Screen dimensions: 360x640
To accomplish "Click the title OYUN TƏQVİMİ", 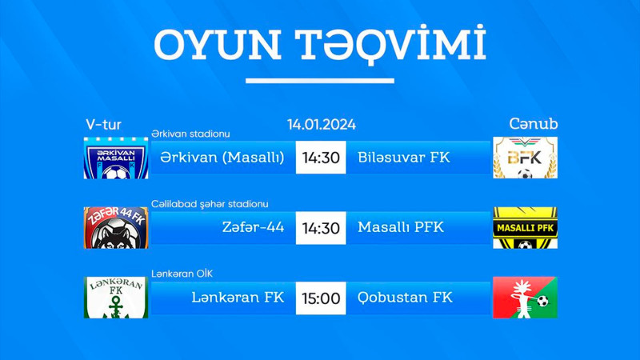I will pos(320,46).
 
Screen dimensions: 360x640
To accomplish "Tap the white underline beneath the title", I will pos(320,81).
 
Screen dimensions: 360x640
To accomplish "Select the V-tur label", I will pos(103,124).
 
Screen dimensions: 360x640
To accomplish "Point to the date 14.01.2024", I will pos(322,124).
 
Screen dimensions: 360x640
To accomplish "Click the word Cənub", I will pos(534,124).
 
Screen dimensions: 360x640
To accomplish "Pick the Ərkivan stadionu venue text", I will pos(190,134).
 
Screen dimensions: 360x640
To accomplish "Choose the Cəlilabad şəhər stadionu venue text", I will pos(210,204).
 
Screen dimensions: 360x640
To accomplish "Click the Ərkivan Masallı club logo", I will pos(115,158).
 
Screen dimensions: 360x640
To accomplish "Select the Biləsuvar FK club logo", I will pos(525,158).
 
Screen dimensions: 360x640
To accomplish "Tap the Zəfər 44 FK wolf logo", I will pos(115,228).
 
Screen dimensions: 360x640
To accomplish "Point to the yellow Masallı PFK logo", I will pos(525,228).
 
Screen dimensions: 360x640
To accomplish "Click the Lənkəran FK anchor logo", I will pos(115,298).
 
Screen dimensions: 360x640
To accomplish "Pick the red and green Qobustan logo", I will pos(525,298).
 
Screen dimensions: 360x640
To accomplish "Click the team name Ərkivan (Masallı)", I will pos(222,158).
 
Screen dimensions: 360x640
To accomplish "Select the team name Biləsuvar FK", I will pos(404,158).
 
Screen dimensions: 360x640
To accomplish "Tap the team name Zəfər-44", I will pos(254,228).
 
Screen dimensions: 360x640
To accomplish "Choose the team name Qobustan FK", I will pos(406,298).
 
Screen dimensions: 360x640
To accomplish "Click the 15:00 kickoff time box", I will pos(321,298).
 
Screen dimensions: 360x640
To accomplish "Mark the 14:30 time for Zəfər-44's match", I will pos(321,228).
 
